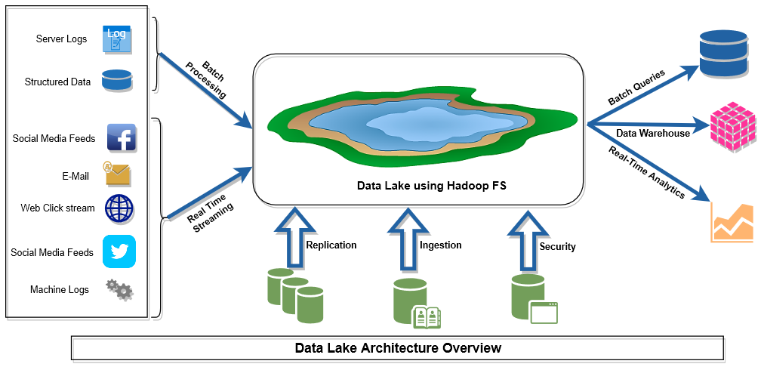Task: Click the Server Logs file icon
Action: [117, 39]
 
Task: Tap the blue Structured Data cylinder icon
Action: [117, 81]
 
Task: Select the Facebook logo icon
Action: [121, 138]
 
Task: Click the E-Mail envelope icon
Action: [118, 174]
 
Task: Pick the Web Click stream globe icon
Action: [119, 208]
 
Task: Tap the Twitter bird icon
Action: [119, 251]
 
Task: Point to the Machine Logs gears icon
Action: [119, 289]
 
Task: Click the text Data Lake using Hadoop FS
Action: [419, 185]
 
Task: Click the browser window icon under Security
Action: [544, 312]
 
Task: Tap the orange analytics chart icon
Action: [732, 223]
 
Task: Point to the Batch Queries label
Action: [636, 88]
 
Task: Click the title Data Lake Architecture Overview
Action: [397, 348]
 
